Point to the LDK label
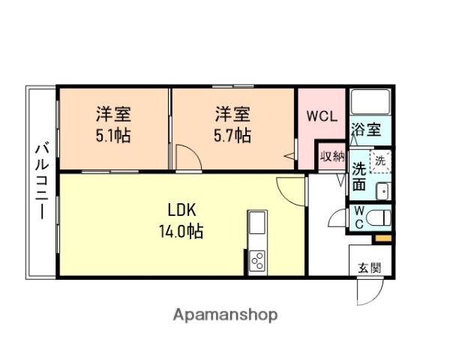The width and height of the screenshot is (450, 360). pyautogui.click(x=181, y=209)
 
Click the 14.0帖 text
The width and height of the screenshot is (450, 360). pyautogui.click(x=181, y=231)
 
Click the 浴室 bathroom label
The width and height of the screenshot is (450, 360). pyautogui.click(x=367, y=128)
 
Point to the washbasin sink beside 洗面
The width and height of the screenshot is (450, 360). pyautogui.click(x=382, y=190)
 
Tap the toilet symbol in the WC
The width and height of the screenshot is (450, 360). pyautogui.click(x=379, y=219)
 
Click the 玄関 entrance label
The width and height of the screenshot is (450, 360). pyautogui.click(x=368, y=267)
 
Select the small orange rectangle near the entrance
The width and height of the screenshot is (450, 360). pyautogui.click(x=382, y=238)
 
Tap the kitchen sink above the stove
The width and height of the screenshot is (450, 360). pyautogui.click(x=256, y=223)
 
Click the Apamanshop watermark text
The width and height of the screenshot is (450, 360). pyautogui.click(x=225, y=314)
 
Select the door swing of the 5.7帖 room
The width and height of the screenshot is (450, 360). pyautogui.click(x=187, y=159)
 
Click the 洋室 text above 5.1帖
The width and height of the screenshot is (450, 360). pyautogui.click(x=113, y=115)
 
